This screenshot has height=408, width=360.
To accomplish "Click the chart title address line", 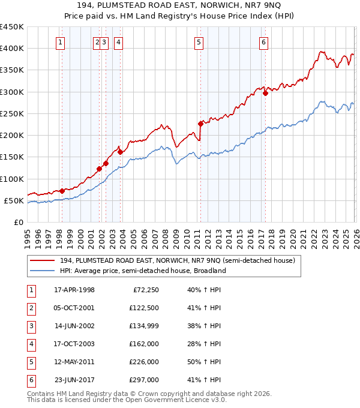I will [180, 5].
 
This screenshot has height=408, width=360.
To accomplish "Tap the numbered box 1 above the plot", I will [62, 42].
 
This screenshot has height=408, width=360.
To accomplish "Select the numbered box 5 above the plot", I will [199, 42].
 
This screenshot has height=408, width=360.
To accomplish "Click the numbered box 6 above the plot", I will [264, 42].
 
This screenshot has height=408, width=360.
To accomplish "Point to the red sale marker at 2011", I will [200, 124].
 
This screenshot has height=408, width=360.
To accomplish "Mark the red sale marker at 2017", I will [265, 93].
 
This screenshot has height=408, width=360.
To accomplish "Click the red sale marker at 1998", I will [62, 191].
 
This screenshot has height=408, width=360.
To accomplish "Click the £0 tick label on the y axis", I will [18, 223].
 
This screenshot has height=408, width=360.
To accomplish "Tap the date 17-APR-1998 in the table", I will [74, 290].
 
